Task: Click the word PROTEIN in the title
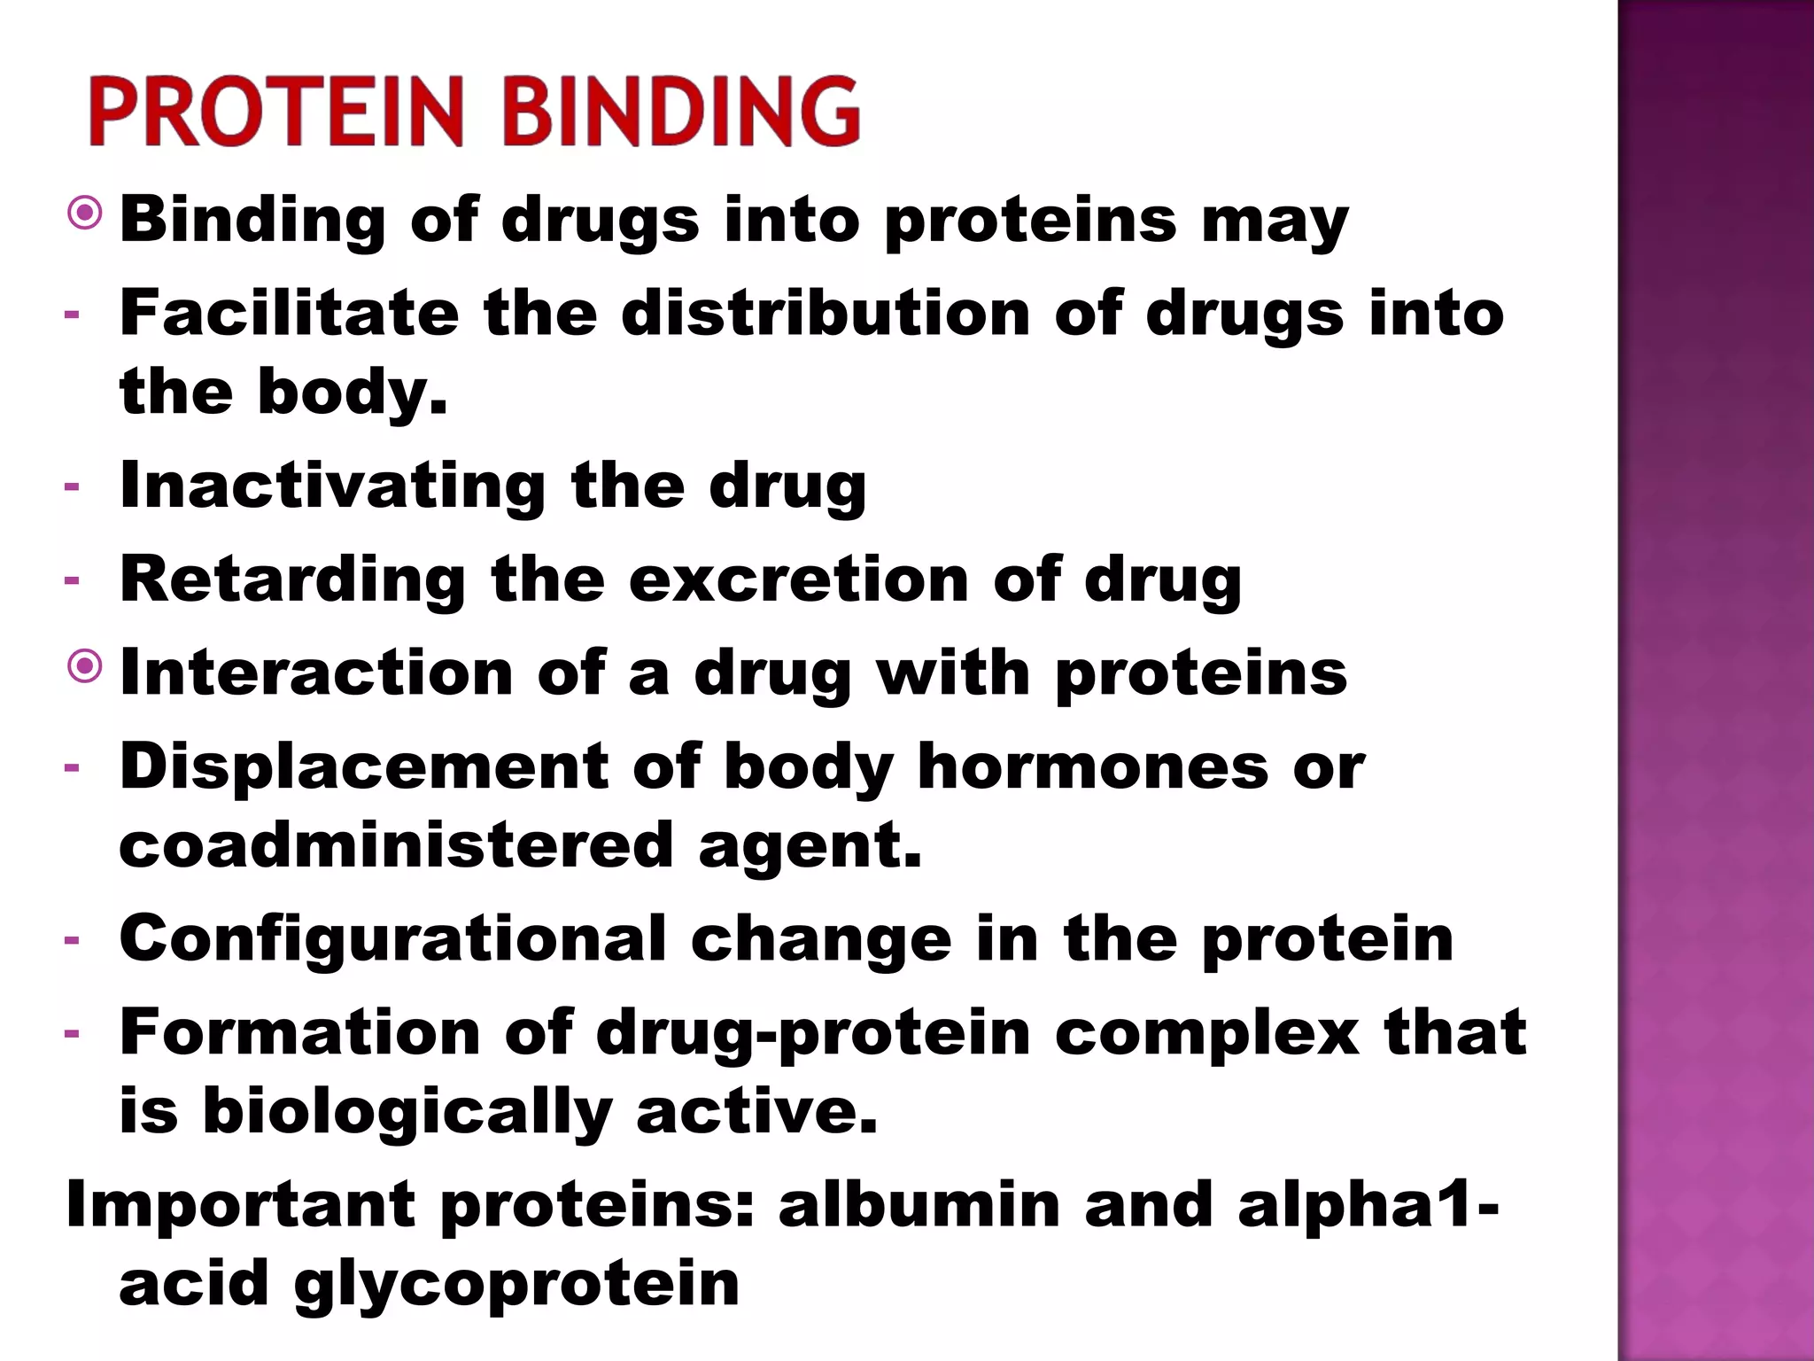point(275,112)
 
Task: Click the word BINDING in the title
point(681,112)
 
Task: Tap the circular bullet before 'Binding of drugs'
point(85,214)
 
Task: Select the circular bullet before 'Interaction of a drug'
point(85,667)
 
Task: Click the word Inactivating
point(332,486)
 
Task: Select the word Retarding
point(292,579)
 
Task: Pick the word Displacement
point(364,766)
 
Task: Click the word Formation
point(300,1032)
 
